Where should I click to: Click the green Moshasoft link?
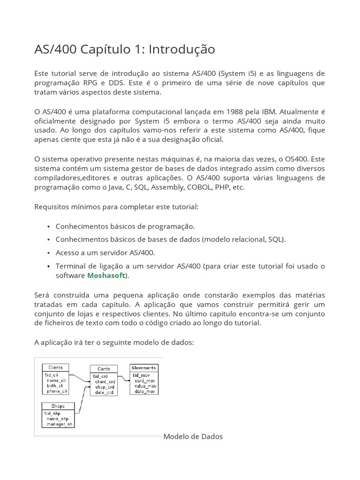tap(106, 276)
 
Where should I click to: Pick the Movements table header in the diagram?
tap(144, 368)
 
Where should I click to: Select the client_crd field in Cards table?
tap(105, 382)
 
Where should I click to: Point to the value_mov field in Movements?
tap(145, 386)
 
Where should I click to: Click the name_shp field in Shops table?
tap(57, 418)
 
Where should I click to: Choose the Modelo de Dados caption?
tap(193, 436)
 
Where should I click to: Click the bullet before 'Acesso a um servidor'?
tap(49, 253)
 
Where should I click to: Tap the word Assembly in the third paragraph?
tap(168, 187)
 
